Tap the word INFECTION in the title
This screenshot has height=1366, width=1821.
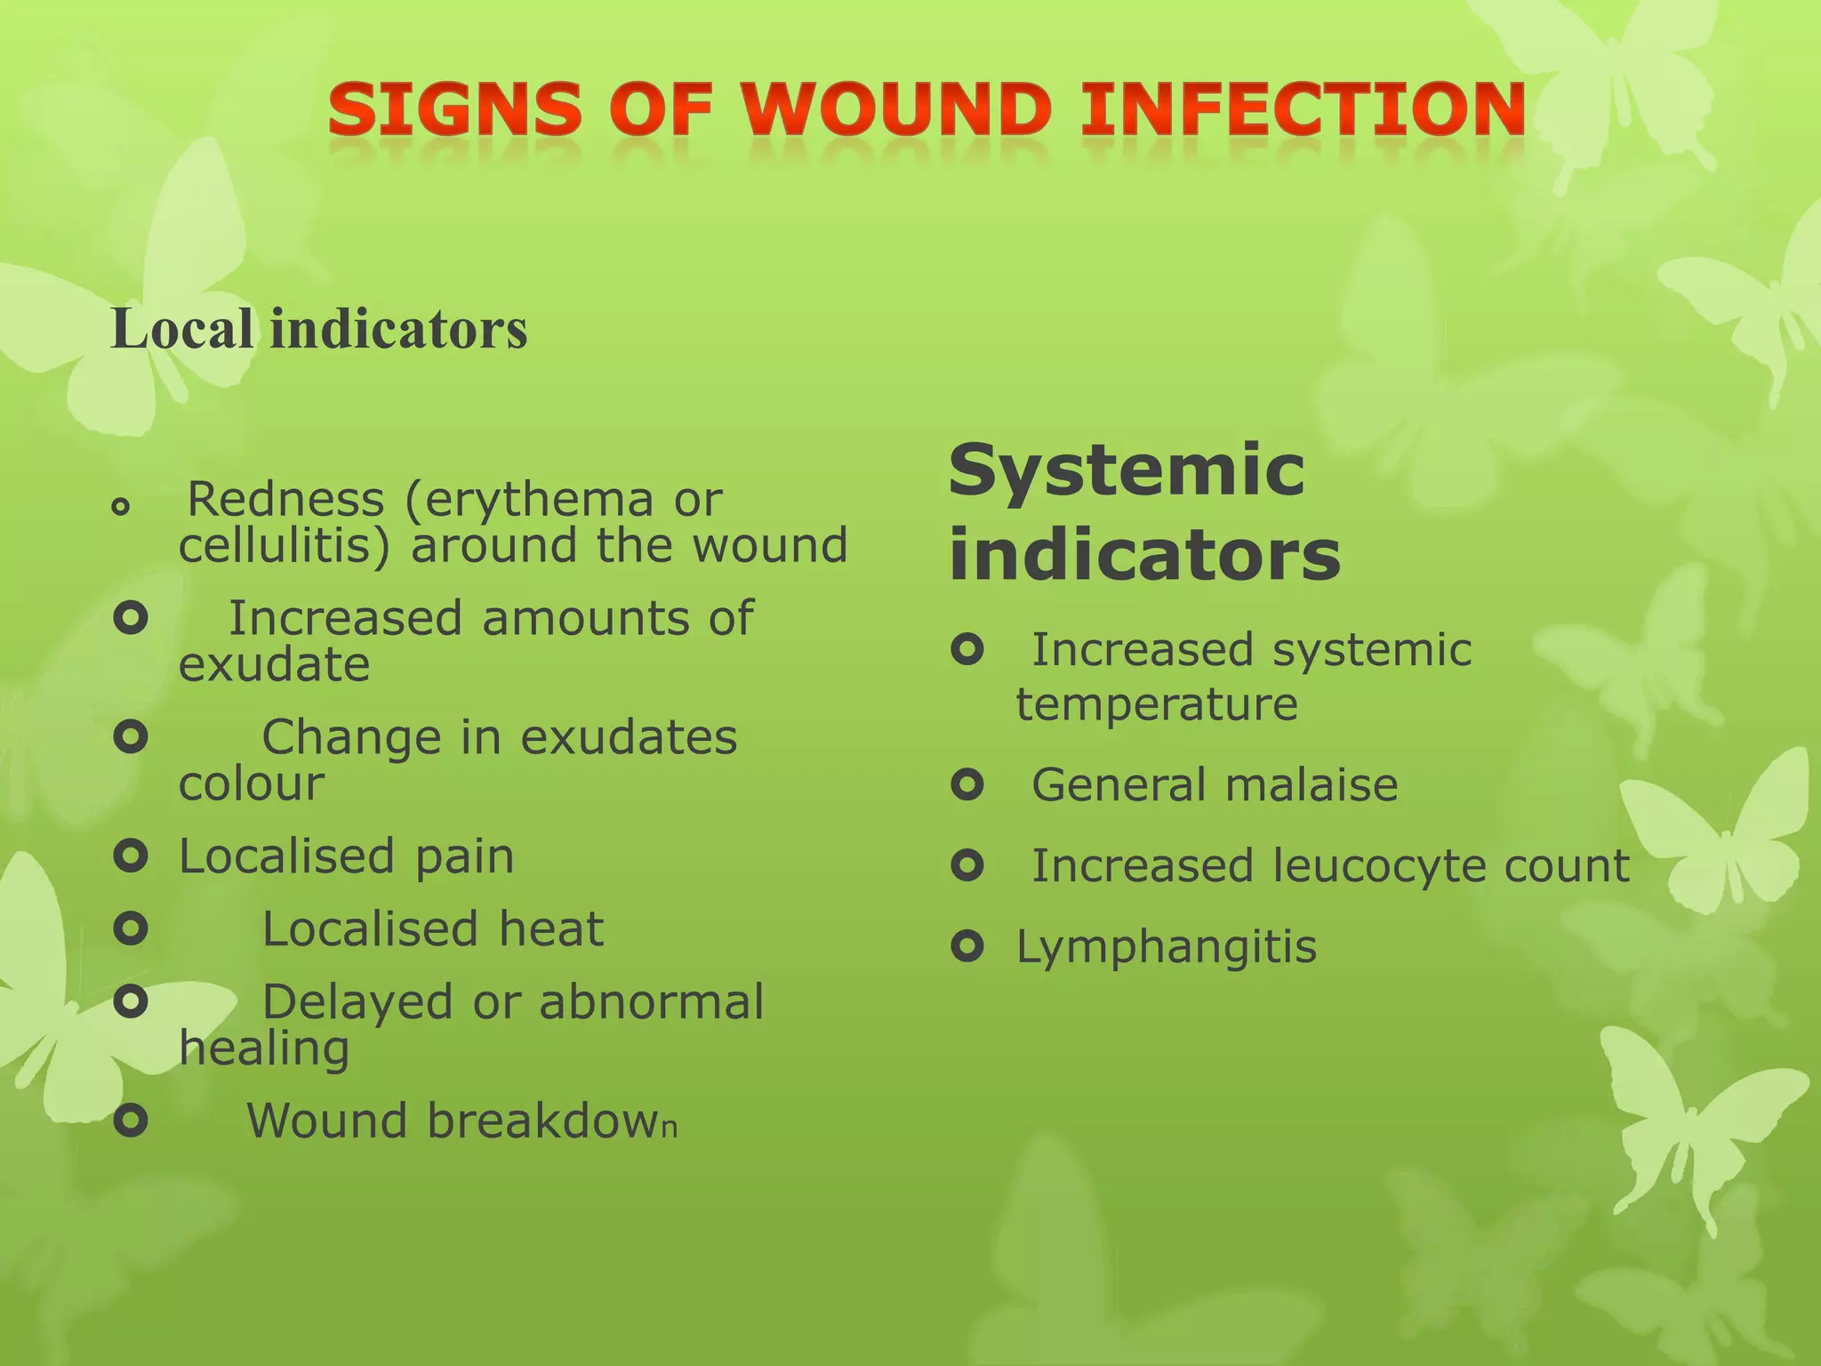click(x=1303, y=111)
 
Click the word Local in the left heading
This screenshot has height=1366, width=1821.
click(x=182, y=328)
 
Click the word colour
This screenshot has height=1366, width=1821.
click(x=252, y=783)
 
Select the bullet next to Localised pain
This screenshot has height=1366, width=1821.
click(x=131, y=856)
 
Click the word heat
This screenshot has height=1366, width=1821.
click(x=551, y=929)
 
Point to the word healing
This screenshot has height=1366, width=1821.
click(x=264, y=1049)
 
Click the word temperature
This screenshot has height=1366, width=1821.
click(x=1157, y=704)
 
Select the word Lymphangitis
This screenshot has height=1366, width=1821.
click(x=1166, y=946)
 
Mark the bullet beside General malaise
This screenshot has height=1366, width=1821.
click(x=967, y=784)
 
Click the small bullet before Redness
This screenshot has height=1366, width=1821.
click(x=121, y=507)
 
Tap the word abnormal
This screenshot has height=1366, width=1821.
click(x=651, y=1002)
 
